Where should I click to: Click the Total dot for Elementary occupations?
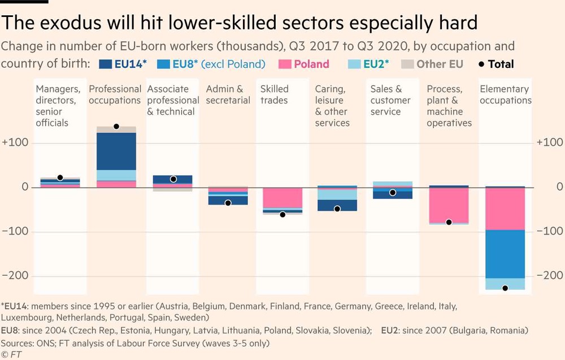coord(505,288)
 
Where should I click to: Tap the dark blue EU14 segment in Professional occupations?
coord(116,151)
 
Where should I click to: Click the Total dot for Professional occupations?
coord(116,127)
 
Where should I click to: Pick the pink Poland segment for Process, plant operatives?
coord(449,205)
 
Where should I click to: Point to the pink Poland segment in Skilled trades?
coord(282,198)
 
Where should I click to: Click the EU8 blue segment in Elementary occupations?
coord(505,254)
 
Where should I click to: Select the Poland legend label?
coord(311,64)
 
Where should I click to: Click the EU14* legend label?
coord(130,64)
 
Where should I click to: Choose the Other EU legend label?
coord(440,64)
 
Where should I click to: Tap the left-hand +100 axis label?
coord(15,143)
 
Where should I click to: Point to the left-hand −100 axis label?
coord(15,231)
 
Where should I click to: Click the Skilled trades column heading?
coord(274,94)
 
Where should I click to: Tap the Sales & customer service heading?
coord(390,100)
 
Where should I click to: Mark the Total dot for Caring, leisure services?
coord(337,209)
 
